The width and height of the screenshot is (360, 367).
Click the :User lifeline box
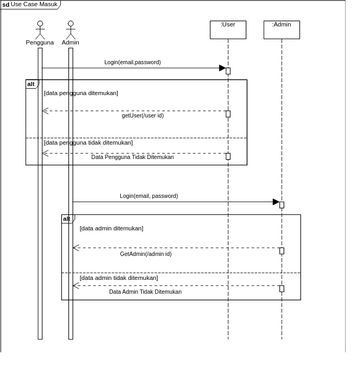point(228,29)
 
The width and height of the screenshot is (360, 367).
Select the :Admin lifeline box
point(282,29)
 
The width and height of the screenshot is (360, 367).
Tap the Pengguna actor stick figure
point(40,29)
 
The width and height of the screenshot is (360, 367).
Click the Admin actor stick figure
point(70,29)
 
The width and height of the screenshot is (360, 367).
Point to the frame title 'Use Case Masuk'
point(34,4)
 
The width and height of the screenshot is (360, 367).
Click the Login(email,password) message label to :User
point(132,62)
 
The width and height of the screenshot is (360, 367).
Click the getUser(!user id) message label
point(143,116)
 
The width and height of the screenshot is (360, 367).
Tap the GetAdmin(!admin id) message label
point(146,254)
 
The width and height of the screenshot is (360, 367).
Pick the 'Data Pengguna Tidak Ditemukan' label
point(133,157)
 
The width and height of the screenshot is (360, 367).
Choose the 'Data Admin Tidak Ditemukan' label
point(146,292)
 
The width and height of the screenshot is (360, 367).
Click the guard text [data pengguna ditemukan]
point(81,93)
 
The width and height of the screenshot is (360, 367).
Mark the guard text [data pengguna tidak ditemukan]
point(88,143)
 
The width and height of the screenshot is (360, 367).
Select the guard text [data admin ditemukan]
point(112,228)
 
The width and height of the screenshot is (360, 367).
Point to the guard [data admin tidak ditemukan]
point(119,278)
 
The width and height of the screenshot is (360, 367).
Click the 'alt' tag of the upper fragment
point(31,84)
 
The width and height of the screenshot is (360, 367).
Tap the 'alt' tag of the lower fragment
point(67,218)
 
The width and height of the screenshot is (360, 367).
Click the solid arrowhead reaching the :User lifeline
point(222,68)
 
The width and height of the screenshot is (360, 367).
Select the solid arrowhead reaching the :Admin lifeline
point(276,202)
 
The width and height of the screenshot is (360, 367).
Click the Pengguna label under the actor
point(40,43)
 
